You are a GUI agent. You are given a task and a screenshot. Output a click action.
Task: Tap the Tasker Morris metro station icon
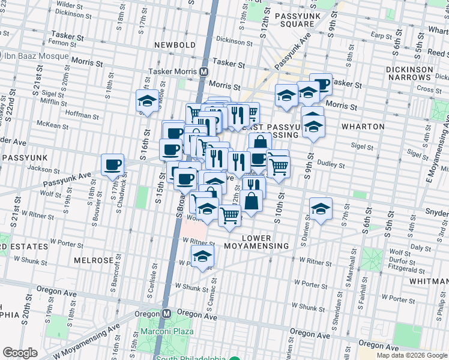(204, 71)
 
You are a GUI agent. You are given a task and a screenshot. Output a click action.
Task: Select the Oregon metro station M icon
(169, 314)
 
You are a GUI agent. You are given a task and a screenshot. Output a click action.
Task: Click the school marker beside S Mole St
(147, 100)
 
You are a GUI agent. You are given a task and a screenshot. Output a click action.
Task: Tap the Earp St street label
(382, 35)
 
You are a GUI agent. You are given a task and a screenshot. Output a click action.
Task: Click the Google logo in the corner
(20, 353)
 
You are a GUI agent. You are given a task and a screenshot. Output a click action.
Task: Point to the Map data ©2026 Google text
(412, 355)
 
